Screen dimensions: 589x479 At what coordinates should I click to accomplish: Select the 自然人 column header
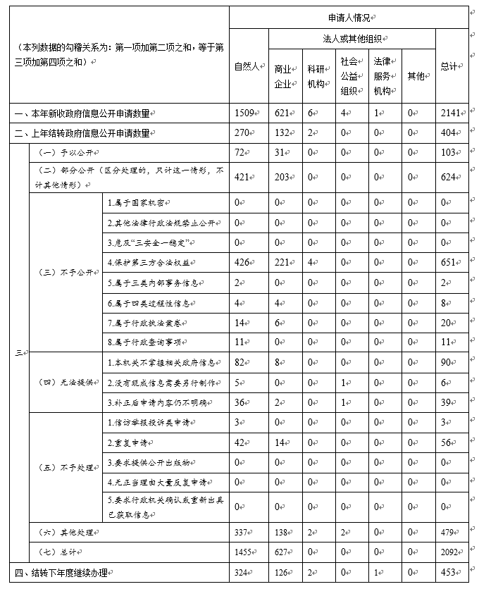(x=248, y=67)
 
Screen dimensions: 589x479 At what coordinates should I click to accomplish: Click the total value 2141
(x=450, y=112)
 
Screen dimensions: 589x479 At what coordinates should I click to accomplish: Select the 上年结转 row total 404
(x=447, y=132)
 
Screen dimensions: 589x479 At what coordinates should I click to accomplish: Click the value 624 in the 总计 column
(x=447, y=178)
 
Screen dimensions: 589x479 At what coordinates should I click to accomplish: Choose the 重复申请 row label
(x=125, y=443)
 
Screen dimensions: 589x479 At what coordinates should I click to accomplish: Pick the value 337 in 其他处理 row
(x=243, y=532)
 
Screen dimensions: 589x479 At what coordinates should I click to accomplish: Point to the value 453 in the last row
(x=447, y=572)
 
